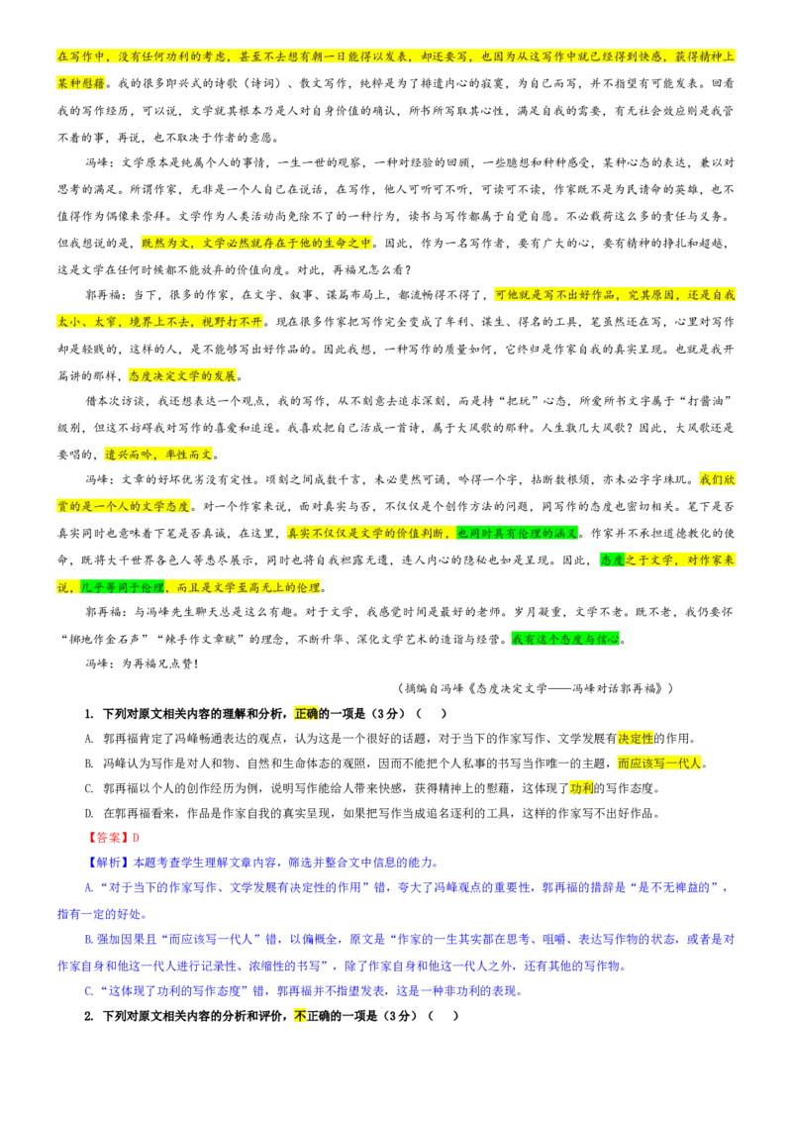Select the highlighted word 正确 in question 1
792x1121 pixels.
[306, 713]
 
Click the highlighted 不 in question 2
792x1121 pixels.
[300, 1016]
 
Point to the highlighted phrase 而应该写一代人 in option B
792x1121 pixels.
[659, 764]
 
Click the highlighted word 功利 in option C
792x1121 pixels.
[582, 788]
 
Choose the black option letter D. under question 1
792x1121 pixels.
[89, 814]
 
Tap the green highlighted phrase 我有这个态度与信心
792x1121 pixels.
[565, 639]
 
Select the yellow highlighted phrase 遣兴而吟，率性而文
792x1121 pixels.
[158, 454]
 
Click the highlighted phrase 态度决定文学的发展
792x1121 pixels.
[182, 375]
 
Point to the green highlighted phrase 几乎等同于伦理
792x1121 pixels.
[122, 587]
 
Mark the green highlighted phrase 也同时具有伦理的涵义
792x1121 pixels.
[518, 533]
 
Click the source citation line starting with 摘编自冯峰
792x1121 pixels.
[535, 688]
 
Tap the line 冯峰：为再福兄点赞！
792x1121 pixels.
[143, 663]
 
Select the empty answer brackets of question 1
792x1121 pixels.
[432, 713]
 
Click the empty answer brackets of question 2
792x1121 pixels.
[444, 1016]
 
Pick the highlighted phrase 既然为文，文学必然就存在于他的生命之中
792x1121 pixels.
[256, 243]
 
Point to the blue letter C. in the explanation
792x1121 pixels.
[89, 991]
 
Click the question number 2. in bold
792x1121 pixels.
[89, 1016]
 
